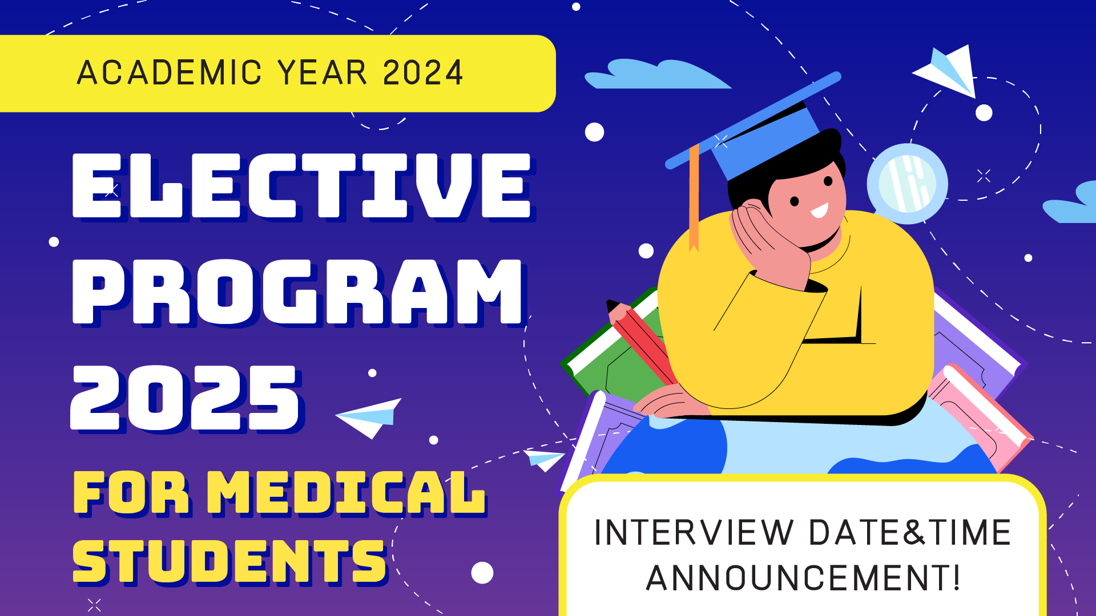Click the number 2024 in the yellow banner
click(x=423, y=72)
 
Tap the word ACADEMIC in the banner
click(x=170, y=72)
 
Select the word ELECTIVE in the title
click(x=303, y=185)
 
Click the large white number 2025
click(x=186, y=398)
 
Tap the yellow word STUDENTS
click(x=229, y=562)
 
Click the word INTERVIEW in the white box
click(x=694, y=533)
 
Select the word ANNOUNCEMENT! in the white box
click(x=803, y=578)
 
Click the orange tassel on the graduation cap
click(x=694, y=197)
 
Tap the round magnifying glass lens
click(x=907, y=184)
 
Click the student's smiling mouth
click(x=820, y=211)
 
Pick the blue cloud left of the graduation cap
click(x=656, y=74)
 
